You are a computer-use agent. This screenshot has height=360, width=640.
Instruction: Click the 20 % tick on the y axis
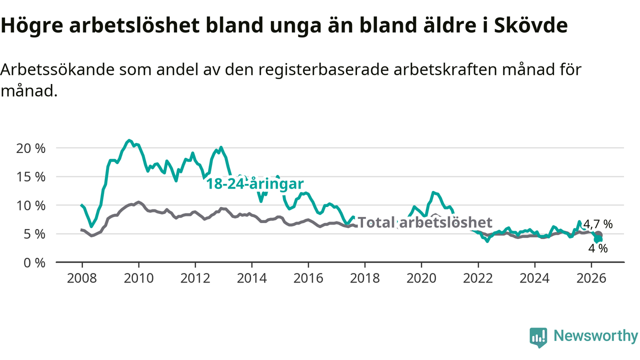point(31,148)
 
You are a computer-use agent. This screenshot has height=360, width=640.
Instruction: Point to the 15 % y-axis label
point(31,177)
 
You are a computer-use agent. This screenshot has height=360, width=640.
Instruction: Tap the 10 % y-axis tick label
point(31,205)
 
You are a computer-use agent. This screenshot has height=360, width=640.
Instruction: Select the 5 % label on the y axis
point(34,234)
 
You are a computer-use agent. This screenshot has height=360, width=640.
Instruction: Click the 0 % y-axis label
point(34,263)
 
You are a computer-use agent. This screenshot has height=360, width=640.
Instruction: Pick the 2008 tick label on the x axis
point(82,278)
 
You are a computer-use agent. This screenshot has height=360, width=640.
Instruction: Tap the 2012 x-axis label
point(195,278)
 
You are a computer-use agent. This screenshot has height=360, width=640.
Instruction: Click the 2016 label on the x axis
point(308,278)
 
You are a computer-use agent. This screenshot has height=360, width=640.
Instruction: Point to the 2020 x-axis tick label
point(421,278)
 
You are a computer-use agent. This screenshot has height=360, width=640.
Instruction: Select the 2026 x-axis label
point(591,278)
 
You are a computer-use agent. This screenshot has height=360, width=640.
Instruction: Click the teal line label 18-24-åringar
point(255,183)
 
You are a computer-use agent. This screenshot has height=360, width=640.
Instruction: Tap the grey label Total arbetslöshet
point(425,222)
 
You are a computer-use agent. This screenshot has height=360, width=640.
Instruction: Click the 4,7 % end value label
point(598,224)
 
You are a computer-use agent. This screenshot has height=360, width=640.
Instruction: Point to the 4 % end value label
point(597,248)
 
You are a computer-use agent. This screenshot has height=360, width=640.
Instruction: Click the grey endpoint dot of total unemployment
point(598,235)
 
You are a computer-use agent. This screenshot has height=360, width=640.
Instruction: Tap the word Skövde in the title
point(531,25)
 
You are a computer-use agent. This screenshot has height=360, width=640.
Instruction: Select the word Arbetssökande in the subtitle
point(57,69)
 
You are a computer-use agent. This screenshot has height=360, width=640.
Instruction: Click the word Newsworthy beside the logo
point(595,335)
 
